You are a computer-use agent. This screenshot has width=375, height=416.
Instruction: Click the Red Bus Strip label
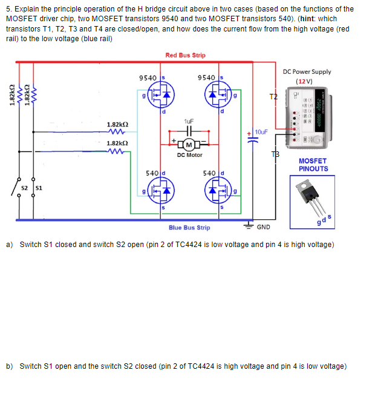tap(185, 55)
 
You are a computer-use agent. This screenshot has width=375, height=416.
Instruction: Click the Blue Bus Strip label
tap(189, 228)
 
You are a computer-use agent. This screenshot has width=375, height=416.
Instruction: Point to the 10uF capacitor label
tap(261, 131)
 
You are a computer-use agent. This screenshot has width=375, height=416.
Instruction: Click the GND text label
tap(264, 228)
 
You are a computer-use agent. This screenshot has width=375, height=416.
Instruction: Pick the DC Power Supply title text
tap(307, 71)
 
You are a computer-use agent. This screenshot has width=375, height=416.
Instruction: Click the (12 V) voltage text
tap(304, 82)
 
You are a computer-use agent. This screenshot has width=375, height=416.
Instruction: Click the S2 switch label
tap(24, 188)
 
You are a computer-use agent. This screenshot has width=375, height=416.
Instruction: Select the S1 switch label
tap(37, 188)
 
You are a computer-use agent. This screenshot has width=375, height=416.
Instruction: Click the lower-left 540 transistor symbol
tap(162, 191)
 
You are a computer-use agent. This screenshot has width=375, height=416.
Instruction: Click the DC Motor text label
tap(189, 155)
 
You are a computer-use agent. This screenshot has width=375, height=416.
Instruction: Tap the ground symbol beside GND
tap(249, 224)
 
